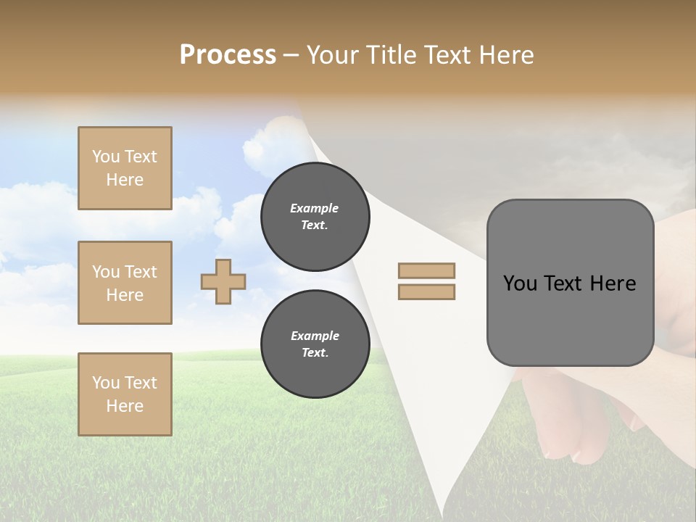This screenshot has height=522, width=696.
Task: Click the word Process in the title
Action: click(x=228, y=55)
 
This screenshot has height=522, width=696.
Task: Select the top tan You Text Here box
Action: click(x=125, y=168)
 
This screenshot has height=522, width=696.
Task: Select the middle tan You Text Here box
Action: click(x=125, y=283)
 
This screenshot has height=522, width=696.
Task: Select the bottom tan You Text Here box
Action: click(x=125, y=394)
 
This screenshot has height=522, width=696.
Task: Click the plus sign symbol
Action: click(x=223, y=281)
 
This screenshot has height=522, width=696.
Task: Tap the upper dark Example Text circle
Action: click(x=315, y=217)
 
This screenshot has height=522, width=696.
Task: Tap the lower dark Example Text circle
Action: click(x=315, y=344)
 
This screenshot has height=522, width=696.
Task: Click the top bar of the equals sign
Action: click(x=426, y=270)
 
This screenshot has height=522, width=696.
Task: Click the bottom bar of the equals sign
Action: click(x=426, y=292)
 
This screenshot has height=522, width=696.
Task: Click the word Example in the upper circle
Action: click(x=314, y=208)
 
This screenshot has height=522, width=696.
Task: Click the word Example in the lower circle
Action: click(x=315, y=336)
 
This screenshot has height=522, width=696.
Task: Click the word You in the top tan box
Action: click(x=105, y=157)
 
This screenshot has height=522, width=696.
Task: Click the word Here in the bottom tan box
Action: click(x=125, y=406)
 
